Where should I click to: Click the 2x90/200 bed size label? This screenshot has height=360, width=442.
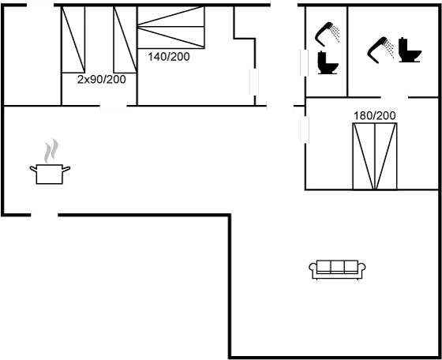coord(102,80)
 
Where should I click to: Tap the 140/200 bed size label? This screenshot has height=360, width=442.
coord(168,56)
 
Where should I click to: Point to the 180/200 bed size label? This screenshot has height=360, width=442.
coord(373,116)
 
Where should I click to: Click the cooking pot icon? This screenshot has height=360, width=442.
coord(49,173)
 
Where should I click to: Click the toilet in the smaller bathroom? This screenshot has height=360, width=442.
coord(327,61)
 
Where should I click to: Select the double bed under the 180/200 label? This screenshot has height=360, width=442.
coord(373,156)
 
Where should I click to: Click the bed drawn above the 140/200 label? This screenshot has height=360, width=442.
coord(171,28)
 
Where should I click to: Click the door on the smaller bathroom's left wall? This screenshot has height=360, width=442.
coord(304,61)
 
